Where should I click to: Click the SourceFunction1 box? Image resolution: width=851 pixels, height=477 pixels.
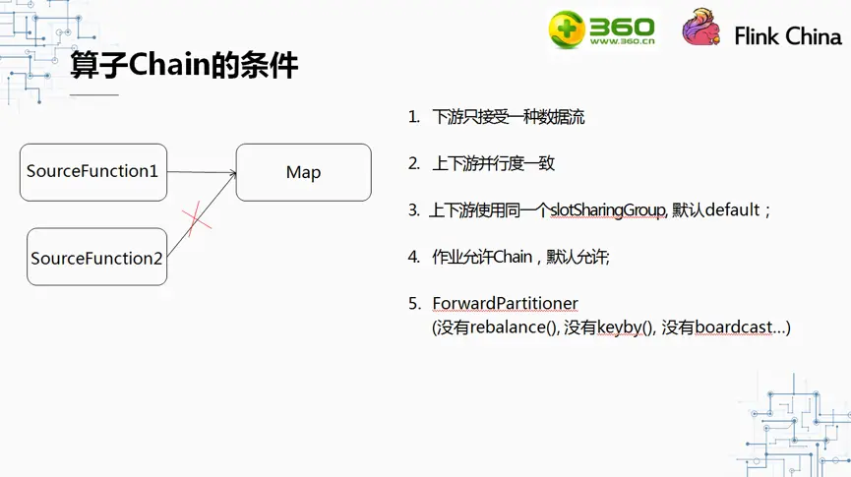click(x=92, y=172)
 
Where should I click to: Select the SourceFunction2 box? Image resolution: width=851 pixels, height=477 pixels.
click(x=96, y=258)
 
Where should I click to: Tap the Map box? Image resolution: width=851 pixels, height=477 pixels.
click(x=303, y=172)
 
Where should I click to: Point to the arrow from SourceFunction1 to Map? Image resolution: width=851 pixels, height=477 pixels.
click(x=202, y=173)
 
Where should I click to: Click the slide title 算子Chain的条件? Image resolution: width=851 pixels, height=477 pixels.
click(x=184, y=67)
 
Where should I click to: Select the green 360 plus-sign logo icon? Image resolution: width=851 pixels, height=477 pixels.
click(x=567, y=29)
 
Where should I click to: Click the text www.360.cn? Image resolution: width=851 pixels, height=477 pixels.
click(x=622, y=41)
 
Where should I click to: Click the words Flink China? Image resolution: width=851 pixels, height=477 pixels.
click(x=788, y=36)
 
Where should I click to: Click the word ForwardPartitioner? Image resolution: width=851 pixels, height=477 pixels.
click(x=505, y=303)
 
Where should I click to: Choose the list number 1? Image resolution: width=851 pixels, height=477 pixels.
click(x=413, y=117)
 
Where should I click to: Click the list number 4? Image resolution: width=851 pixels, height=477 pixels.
click(x=413, y=257)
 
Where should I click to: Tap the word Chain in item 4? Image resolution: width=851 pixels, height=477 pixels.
click(x=512, y=257)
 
